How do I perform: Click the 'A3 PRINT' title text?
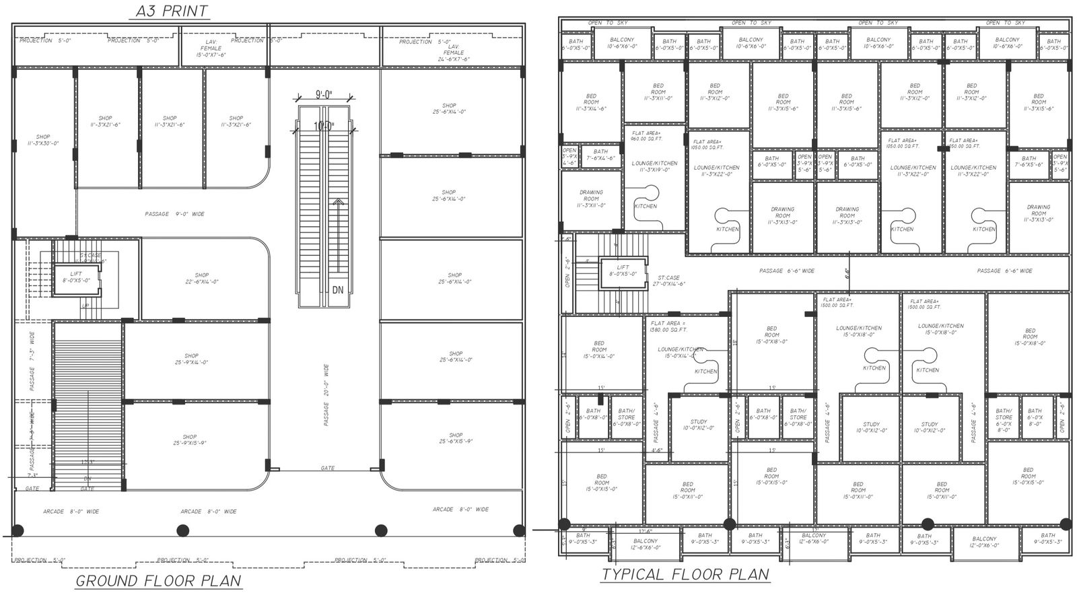172,11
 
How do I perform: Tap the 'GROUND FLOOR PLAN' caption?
158,581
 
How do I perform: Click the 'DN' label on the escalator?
338,290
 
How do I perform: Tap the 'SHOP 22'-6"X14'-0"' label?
202,279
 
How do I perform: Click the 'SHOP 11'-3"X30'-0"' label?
43,140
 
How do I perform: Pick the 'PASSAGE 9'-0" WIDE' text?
174,214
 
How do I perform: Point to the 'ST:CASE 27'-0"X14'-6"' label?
668,281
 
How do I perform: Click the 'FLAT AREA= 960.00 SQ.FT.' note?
647,136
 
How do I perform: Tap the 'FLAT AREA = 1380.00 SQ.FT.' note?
668,326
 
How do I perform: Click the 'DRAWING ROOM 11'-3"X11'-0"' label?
590,199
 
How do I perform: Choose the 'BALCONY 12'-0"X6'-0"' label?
984,542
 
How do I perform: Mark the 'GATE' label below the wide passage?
327,468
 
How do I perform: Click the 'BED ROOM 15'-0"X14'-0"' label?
599,349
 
